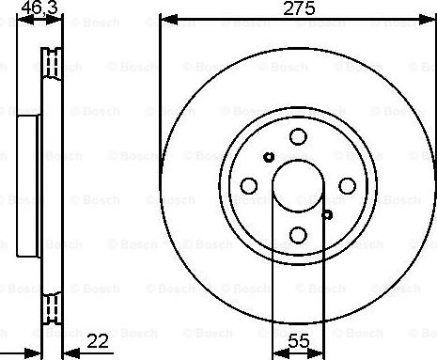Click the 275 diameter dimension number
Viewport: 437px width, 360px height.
(299, 8)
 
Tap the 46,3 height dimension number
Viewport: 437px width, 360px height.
(39, 8)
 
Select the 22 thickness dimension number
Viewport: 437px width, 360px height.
(98, 341)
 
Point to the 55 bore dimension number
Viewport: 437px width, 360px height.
(299, 341)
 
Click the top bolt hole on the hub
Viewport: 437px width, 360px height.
(298, 136)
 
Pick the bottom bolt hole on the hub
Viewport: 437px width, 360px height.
(298, 235)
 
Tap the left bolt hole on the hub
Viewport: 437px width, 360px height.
(249, 186)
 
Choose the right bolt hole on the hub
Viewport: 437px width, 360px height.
(348, 186)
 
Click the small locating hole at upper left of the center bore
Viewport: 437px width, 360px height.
(269, 157)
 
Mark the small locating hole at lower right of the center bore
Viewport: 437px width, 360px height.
(327, 215)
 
